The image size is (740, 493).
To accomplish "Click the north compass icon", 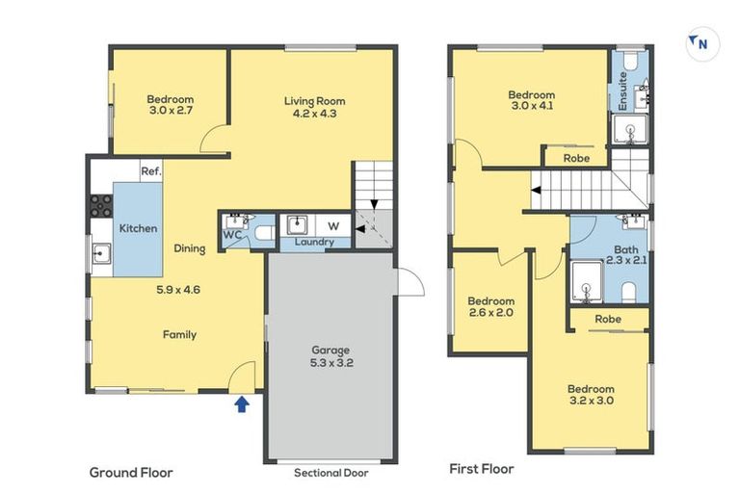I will (x=701, y=43).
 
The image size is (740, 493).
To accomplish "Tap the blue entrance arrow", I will (x=242, y=405).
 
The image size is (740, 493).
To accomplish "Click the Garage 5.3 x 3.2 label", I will (x=330, y=357).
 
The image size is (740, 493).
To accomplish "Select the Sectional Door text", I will (x=330, y=473).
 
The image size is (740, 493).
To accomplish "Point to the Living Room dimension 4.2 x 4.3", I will (x=314, y=114).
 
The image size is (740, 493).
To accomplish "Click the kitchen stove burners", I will (x=101, y=204).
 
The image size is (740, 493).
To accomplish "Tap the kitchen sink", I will (x=101, y=255).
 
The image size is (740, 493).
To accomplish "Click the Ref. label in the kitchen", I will (x=150, y=171).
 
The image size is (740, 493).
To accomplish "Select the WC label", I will (x=231, y=235).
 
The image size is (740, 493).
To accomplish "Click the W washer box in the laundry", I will (x=333, y=225).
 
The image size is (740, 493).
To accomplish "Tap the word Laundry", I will (x=315, y=243).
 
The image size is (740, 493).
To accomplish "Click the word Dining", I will (x=190, y=248).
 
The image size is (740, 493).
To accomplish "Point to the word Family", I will (x=179, y=335).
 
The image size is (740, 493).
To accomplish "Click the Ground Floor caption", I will (x=130, y=473).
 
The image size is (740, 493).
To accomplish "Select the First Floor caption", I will (x=482, y=469).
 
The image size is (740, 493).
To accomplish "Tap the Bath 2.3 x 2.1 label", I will (x=626, y=255).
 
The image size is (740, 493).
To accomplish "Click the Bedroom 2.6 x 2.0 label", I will (x=490, y=307).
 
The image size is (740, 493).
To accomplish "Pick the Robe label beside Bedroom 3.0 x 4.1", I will (x=576, y=158).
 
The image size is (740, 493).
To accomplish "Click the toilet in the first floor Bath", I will (x=628, y=289).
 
